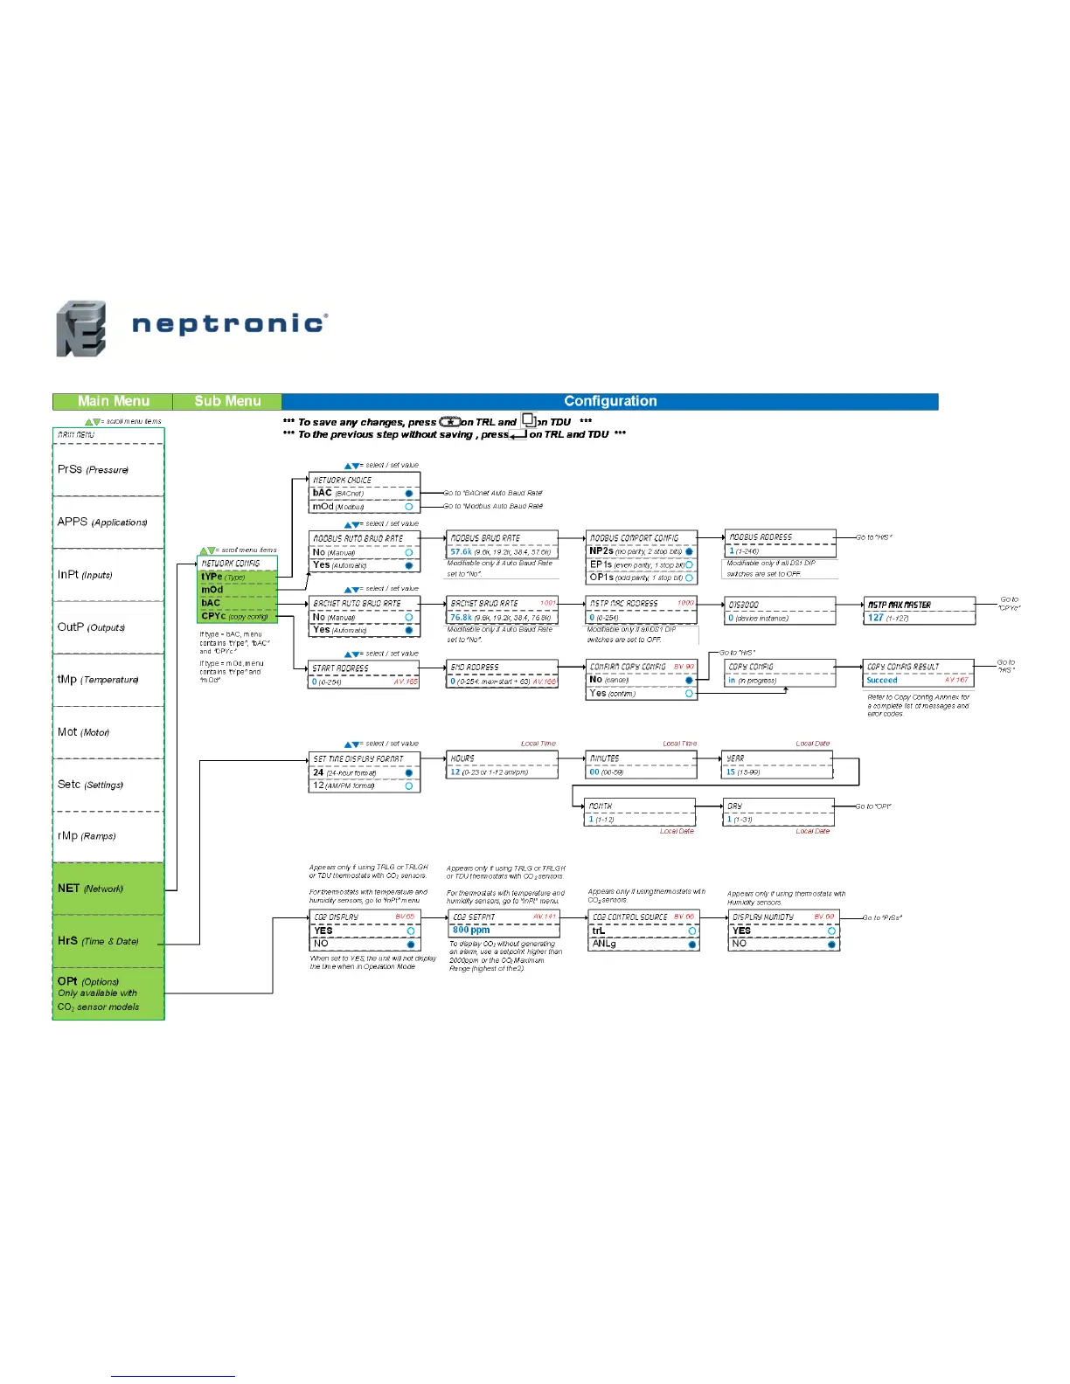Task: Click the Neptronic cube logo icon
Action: click(81, 329)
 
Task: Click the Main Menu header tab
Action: click(113, 401)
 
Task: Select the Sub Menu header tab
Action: click(227, 401)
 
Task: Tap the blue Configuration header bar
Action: click(610, 401)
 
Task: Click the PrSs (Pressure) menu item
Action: click(93, 469)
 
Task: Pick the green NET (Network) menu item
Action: click(90, 889)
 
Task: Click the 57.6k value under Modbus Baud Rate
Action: click(461, 552)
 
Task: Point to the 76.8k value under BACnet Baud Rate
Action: click(461, 618)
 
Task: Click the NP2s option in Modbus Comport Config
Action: click(601, 551)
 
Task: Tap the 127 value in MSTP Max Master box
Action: click(875, 618)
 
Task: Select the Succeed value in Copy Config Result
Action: click(882, 680)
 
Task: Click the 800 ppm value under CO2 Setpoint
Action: click(471, 930)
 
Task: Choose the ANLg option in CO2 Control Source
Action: click(604, 944)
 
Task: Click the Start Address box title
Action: click(341, 668)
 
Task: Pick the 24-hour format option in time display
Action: click(345, 772)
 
